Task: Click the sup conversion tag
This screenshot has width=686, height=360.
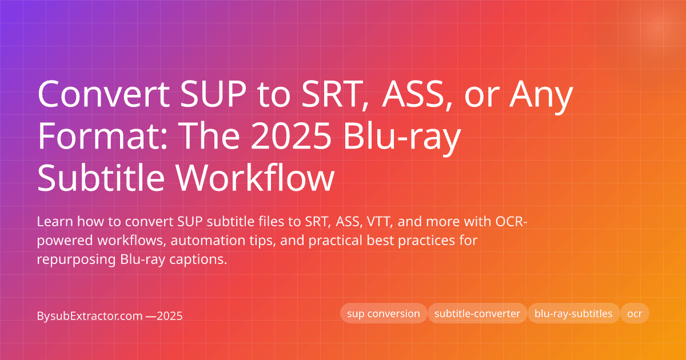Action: [384, 314]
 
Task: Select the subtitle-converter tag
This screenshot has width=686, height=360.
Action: [477, 314]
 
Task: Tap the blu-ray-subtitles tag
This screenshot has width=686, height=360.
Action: [573, 314]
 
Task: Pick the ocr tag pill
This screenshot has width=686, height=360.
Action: [635, 314]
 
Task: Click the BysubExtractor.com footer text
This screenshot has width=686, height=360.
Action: [89, 315]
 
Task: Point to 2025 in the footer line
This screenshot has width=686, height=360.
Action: [170, 315]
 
